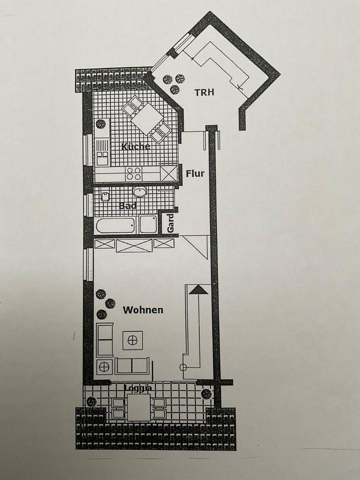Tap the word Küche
[x=135, y=146]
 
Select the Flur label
[x=195, y=173]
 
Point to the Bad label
[x=128, y=205]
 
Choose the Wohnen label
[x=143, y=310]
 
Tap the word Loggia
[x=137, y=387]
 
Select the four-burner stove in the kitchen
[x=133, y=174]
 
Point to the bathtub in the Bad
[x=115, y=225]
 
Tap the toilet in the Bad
[x=148, y=224]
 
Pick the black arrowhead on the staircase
[x=198, y=288]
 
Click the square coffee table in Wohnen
[x=133, y=340]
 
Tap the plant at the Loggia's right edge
[x=206, y=394]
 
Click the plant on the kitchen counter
[x=101, y=123]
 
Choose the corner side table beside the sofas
[x=105, y=366]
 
